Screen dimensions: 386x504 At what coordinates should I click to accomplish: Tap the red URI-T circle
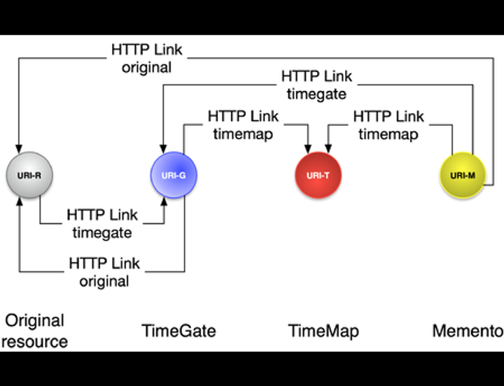click(x=318, y=174)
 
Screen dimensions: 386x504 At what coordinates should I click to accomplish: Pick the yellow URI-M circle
click(x=462, y=174)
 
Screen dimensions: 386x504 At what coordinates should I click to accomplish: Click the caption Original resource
click(x=34, y=331)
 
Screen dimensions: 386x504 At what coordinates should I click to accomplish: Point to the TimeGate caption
click(x=178, y=330)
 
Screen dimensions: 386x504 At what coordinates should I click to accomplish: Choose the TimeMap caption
click(x=323, y=330)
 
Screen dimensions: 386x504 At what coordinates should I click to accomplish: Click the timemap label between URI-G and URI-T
click(x=243, y=134)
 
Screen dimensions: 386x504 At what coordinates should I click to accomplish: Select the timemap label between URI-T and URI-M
click(x=388, y=134)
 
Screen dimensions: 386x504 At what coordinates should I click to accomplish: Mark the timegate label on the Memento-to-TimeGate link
click(x=317, y=93)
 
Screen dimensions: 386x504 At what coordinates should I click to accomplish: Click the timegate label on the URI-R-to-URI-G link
click(x=102, y=232)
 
